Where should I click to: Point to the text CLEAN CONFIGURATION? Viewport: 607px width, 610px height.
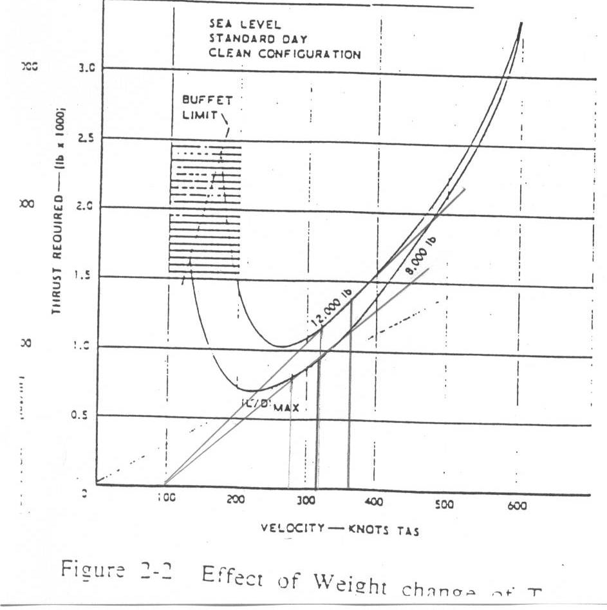click(x=285, y=54)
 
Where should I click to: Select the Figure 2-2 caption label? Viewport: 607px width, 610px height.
click(x=117, y=571)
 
